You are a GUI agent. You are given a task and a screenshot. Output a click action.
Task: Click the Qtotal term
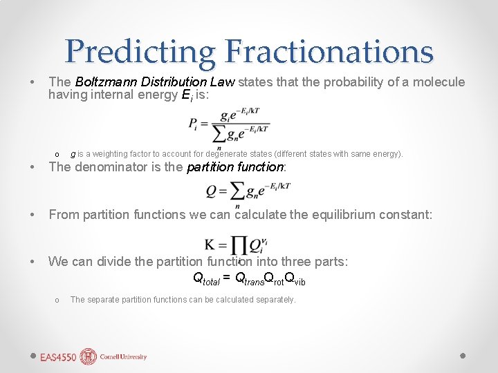205,278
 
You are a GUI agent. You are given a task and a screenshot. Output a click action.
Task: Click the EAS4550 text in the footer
59,357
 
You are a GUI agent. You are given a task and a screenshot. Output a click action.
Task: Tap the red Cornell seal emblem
89,356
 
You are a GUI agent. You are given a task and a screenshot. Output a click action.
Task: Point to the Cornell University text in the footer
124,357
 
